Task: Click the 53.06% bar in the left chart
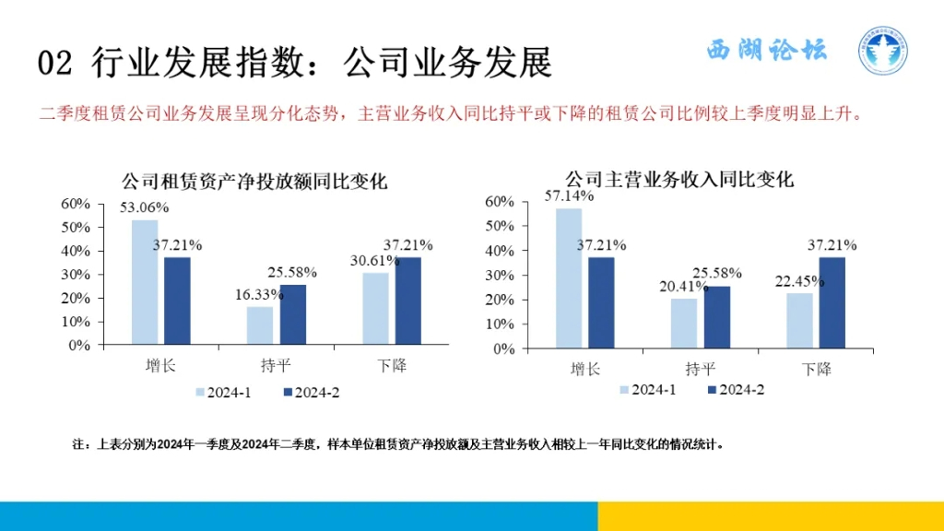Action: tap(145, 281)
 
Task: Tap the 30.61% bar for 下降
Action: tap(375, 308)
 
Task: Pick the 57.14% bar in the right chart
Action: tap(569, 278)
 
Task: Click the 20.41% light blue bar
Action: tap(684, 324)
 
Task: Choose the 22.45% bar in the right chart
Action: tap(799, 321)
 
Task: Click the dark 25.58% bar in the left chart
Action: tap(293, 313)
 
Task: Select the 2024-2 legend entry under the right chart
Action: tap(735, 390)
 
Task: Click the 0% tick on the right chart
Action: tap(502, 349)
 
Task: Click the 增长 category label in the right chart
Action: tap(585, 369)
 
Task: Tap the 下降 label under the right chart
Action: tap(816, 369)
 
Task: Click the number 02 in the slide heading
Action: tap(55, 63)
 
